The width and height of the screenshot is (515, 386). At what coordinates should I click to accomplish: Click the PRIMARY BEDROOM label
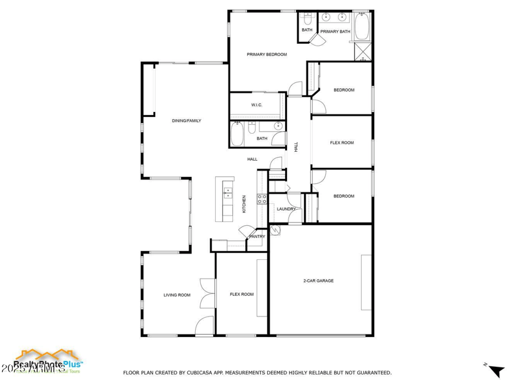pyautogui.click(x=267, y=55)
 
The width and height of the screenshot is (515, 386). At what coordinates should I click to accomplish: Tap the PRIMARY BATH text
pyautogui.click(x=335, y=32)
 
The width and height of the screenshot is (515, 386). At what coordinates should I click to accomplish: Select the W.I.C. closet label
pyautogui.click(x=256, y=106)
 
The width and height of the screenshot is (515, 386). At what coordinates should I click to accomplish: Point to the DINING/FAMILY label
pyautogui.click(x=186, y=121)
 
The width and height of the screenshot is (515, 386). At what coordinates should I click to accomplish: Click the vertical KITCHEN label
pyautogui.click(x=244, y=204)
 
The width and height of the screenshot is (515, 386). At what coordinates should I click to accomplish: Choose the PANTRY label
pyautogui.click(x=257, y=237)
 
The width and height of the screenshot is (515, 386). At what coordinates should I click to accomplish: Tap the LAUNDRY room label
pyautogui.click(x=286, y=209)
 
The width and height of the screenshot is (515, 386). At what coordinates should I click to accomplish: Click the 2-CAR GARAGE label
pyautogui.click(x=318, y=280)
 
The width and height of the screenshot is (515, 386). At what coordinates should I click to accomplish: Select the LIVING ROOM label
pyautogui.click(x=176, y=295)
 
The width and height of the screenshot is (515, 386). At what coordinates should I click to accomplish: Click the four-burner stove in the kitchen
pyautogui.click(x=262, y=199)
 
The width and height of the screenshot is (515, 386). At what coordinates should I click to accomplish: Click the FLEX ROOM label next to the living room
pyautogui.click(x=241, y=295)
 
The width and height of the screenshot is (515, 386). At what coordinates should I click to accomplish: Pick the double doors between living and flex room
pyautogui.click(x=207, y=295)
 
